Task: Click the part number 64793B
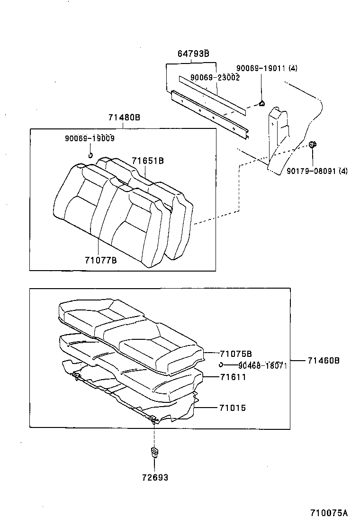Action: (x=193, y=54)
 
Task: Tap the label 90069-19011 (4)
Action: (x=267, y=68)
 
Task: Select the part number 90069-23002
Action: (x=215, y=77)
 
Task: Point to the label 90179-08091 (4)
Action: (x=317, y=171)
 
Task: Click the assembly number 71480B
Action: (x=124, y=118)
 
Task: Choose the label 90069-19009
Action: (x=90, y=138)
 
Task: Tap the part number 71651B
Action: (x=148, y=161)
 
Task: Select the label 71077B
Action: (x=101, y=260)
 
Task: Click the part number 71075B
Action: (x=235, y=354)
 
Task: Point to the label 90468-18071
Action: (x=262, y=365)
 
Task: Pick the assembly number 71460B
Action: (x=324, y=361)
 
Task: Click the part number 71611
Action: (x=232, y=377)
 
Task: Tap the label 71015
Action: (x=232, y=408)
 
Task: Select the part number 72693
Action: (x=154, y=477)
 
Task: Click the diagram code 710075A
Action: (x=329, y=513)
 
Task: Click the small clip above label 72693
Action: (x=154, y=451)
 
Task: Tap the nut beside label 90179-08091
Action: (x=313, y=145)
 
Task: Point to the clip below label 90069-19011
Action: (x=261, y=104)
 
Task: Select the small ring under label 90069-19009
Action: (x=90, y=154)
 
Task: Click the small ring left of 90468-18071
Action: (x=221, y=364)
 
